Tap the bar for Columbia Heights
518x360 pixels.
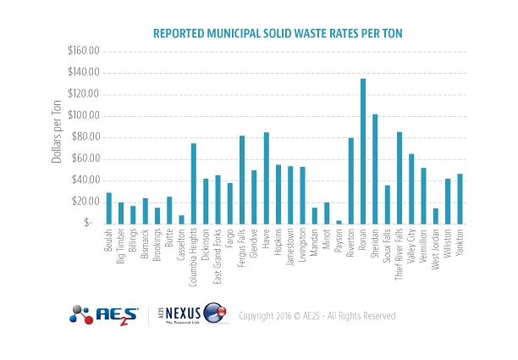tap(194, 183)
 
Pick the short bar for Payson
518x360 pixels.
tap(339, 221)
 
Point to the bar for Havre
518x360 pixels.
tap(267, 177)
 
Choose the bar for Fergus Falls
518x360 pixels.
tap(242, 179)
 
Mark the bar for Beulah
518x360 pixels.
tap(109, 208)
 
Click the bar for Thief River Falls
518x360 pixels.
tap(400, 177)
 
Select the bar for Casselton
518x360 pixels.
tap(181, 219)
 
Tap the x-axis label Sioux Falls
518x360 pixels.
tap(388, 246)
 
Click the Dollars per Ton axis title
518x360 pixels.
tap(58, 137)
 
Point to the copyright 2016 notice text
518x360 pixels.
tap(317, 316)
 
